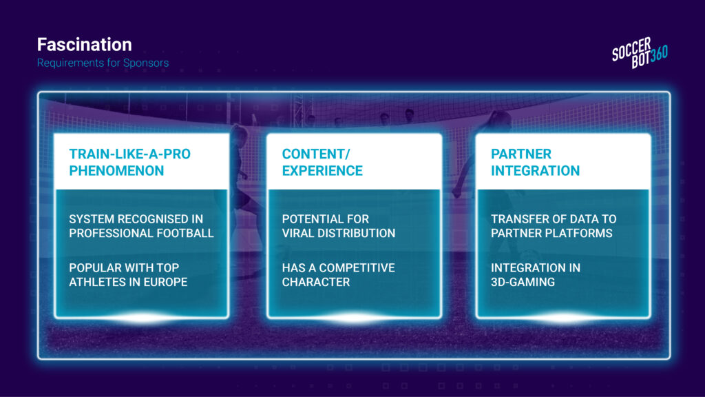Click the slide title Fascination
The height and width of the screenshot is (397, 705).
[x=85, y=45]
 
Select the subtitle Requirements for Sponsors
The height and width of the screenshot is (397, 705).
[x=103, y=63]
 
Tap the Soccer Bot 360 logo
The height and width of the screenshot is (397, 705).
[x=640, y=52]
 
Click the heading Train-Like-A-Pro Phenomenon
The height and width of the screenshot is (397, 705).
[x=130, y=162]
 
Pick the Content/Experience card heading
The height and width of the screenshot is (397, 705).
[x=322, y=162]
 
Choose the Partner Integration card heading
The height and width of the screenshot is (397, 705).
[x=535, y=162]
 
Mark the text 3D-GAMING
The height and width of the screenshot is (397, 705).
[x=523, y=282]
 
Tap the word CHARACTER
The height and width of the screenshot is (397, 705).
[x=315, y=282]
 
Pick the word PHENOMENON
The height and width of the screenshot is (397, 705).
[x=116, y=171]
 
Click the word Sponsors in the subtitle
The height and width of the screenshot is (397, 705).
[x=146, y=63]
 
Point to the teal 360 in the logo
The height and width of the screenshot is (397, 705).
[x=659, y=54]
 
